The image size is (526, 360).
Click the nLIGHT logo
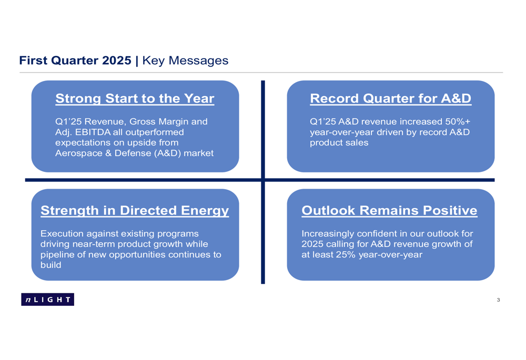pyautogui.click(x=48, y=300)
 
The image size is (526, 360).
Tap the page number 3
pyautogui.click(x=498, y=300)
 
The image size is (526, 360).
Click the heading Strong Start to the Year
pyautogui.click(x=135, y=99)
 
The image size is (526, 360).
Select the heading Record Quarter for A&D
pyautogui.click(x=390, y=99)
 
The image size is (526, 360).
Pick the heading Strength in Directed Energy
pyautogui.click(x=135, y=211)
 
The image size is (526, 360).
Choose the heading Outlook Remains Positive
pyautogui.click(x=389, y=211)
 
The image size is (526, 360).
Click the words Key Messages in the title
pyautogui.click(x=185, y=60)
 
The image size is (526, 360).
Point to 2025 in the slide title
pyautogui.click(x=116, y=60)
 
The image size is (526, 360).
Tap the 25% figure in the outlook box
pyautogui.click(x=346, y=255)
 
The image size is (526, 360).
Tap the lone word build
pyautogui.click(x=51, y=265)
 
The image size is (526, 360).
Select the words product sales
pyautogui.click(x=339, y=143)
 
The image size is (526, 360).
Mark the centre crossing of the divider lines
pyautogui.click(x=263, y=180)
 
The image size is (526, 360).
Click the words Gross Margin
pyautogui.click(x=157, y=121)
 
